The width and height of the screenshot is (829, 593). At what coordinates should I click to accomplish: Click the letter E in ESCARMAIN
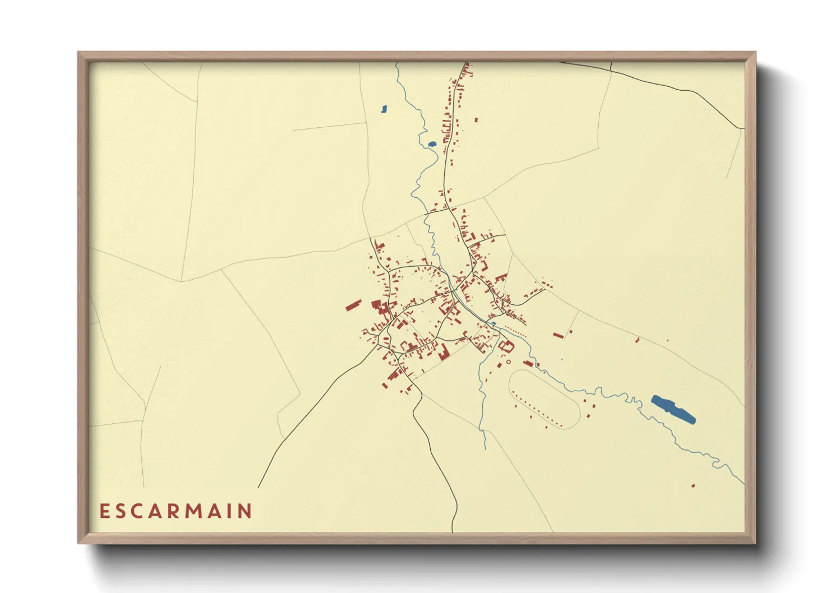click(x=104, y=511)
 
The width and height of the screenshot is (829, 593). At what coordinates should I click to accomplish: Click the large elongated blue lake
click(x=673, y=409)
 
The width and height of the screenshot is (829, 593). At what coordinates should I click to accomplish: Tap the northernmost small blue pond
click(x=384, y=109)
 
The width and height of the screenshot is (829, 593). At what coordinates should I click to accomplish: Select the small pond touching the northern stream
click(x=432, y=144)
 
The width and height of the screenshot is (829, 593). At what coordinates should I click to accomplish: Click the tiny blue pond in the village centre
click(x=493, y=323)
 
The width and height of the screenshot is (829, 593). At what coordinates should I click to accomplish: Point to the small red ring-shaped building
click(x=509, y=362)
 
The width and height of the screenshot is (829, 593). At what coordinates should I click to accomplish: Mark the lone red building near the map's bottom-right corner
click(x=693, y=486)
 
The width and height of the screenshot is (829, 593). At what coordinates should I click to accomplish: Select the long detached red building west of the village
click(x=353, y=305)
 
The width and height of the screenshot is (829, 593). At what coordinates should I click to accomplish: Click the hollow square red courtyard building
click(x=506, y=346)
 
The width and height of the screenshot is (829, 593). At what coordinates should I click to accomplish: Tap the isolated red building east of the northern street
click(x=476, y=119)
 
